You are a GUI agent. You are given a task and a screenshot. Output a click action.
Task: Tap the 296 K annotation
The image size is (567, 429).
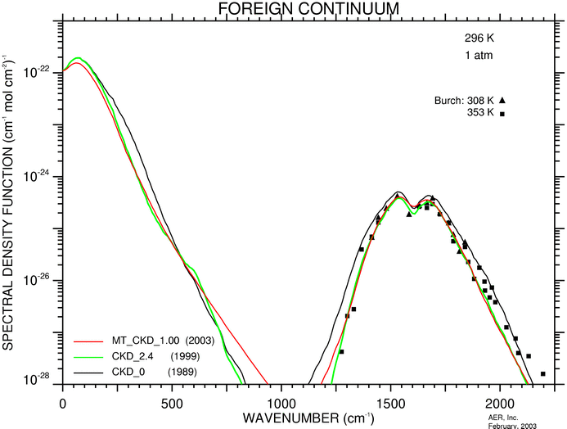[x=479, y=38]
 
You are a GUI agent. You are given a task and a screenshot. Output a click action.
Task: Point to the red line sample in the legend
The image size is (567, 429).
[x=89, y=340]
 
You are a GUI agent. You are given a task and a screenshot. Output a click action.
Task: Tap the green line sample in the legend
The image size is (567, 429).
[x=89, y=356]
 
